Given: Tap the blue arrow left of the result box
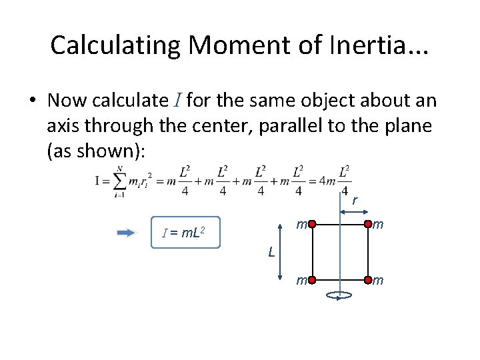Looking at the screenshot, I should click(126, 233).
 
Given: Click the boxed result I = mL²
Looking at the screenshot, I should click(185, 233).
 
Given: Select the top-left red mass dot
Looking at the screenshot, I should click(311, 225).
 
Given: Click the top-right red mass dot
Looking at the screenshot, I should click(367, 225).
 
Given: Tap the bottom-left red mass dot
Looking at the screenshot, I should click(311, 281).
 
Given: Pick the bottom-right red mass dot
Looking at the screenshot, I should click(367, 281).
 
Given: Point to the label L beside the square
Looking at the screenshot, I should click(271, 252).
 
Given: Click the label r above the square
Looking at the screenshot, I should click(355, 200).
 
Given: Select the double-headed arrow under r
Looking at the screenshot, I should click(353, 212).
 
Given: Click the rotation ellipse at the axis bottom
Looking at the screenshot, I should click(339, 295).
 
